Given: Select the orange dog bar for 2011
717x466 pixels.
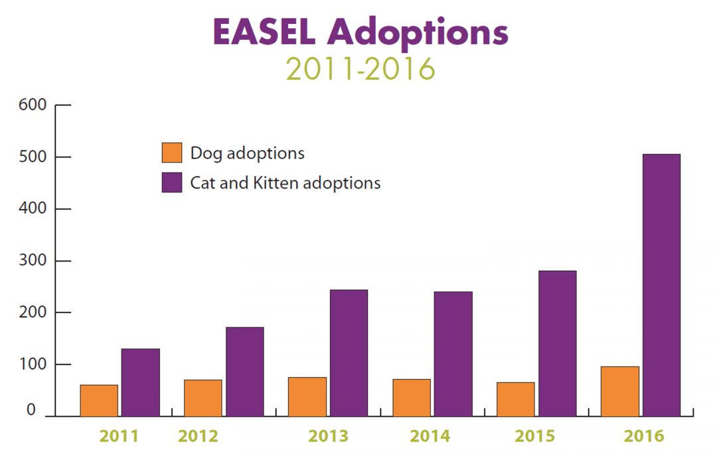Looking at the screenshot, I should pos(99,400).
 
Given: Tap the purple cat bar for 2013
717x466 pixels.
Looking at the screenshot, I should pos(349,353).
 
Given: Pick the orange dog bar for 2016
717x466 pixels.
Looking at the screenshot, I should pos(620,392).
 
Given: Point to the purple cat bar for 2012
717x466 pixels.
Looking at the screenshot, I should pos(244,372).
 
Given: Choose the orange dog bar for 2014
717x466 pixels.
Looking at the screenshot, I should pos(412,398).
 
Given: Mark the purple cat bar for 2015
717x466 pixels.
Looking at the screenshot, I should pos(557,343).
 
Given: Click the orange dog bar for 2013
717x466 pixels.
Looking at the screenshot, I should pos(307,397).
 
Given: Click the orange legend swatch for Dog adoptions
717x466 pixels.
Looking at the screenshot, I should pos(171,153).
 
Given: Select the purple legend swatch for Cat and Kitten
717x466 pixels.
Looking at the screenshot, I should pos(171,183).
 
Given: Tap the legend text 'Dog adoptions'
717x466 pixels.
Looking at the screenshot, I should pos(247,153).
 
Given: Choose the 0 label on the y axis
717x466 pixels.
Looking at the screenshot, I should pos(31,411).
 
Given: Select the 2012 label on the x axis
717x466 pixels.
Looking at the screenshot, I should pos(198,436).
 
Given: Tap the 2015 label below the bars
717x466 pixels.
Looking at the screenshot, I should pos(534,436).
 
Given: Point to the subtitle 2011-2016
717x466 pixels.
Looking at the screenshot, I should pos(360,68).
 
